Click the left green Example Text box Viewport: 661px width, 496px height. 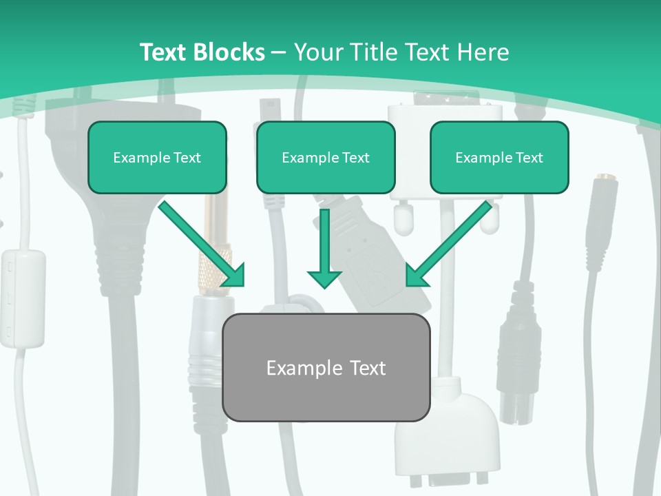(157, 157)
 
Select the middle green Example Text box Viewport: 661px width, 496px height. (326, 157)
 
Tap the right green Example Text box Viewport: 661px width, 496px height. (499, 157)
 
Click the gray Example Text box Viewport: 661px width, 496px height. (326, 367)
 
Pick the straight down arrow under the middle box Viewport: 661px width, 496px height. (324, 248)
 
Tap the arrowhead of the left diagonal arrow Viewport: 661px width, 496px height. (234, 276)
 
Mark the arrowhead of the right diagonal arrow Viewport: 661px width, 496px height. (415, 276)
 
